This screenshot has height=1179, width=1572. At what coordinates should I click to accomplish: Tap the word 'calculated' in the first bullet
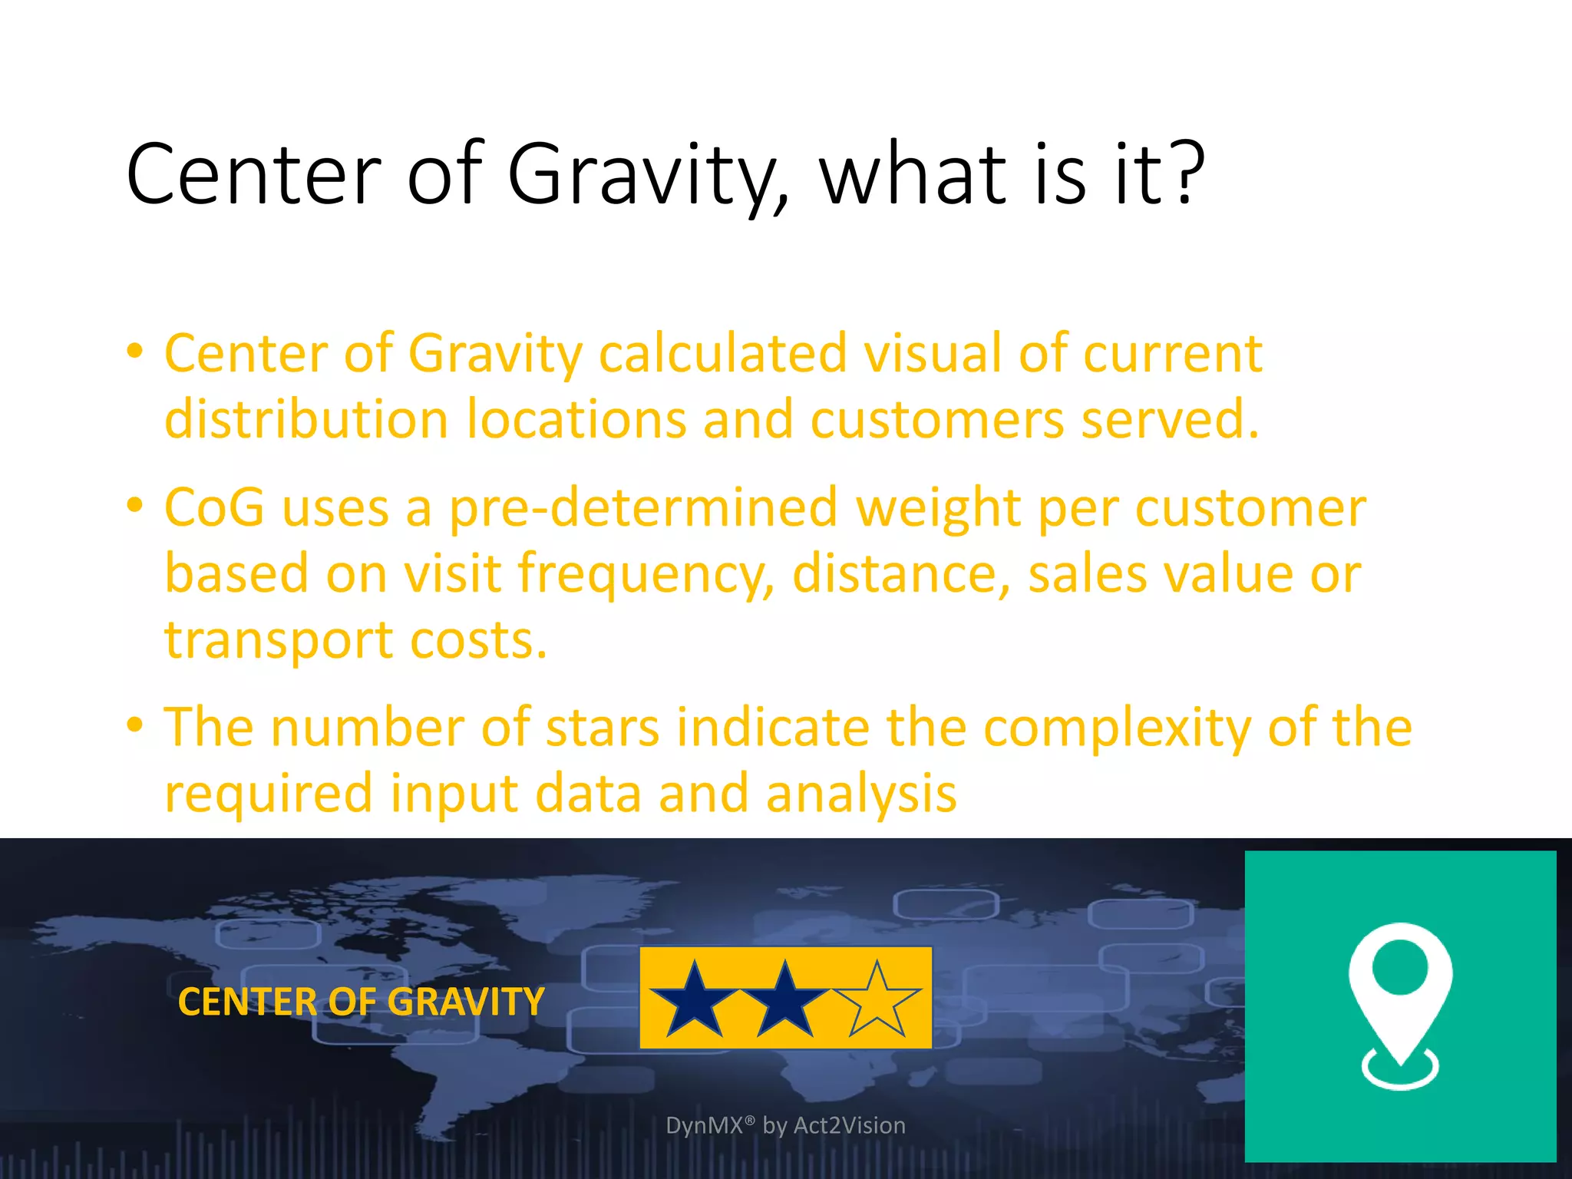click(722, 355)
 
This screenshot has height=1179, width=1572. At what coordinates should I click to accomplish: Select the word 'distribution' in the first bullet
click(306, 421)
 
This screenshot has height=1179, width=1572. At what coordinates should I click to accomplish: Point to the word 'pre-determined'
click(643, 508)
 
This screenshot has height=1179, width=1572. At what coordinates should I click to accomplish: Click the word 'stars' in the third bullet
click(602, 728)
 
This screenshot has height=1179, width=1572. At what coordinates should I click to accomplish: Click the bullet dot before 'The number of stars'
click(135, 725)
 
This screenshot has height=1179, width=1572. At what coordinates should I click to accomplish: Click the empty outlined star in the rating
click(877, 999)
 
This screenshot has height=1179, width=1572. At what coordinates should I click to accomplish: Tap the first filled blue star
click(694, 1001)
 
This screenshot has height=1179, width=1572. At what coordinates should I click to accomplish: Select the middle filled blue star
click(784, 1001)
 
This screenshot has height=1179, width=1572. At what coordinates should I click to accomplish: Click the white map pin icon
click(1400, 998)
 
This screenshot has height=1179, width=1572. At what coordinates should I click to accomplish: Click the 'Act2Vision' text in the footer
click(849, 1125)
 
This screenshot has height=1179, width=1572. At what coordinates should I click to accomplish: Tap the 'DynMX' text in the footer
click(705, 1125)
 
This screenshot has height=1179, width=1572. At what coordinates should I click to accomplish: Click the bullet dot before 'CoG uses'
click(135, 505)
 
